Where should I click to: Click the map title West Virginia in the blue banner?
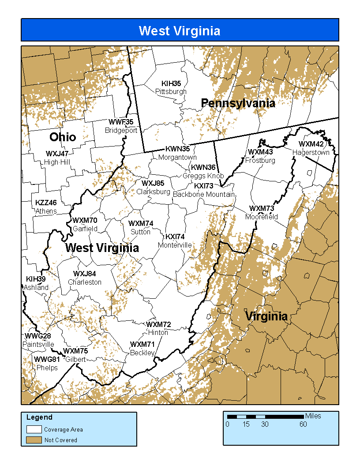pyautogui.click(x=180, y=30)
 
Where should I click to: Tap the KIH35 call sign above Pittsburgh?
pyautogui.click(x=171, y=83)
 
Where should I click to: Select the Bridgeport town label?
pyautogui.click(x=121, y=131)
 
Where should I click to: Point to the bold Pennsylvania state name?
pyautogui.click(x=238, y=103)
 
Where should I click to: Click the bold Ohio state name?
pyautogui.click(x=63, y=137)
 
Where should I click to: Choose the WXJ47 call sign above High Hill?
pyautogui.click(x=57, y=154)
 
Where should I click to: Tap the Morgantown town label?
pyautogui.click(x=177, y=157)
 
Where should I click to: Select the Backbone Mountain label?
pyautogui.click(x=204, y=194)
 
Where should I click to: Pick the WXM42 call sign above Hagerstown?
pyautogui.click(x=311, y=144)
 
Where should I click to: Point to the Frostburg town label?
pyautogui.click(x=260, y=161)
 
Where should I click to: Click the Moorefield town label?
pyautogui.click(x=262, y=217)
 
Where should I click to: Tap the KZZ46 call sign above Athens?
pyautogui.click(x=46, y=203)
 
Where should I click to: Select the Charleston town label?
pyautogui.click(x=85, y=282)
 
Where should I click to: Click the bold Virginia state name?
pyautogui.click(x=266, y=316)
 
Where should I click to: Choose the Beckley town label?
pyautogui.click(x=142, y=353)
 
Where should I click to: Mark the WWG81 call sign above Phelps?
pyautogui.click(x=47, y=359)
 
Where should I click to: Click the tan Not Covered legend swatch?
pyautogui.click(x=34, y=440)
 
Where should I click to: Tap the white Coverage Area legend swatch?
pyautogui.click(x=34, y=429)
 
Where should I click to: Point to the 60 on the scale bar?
pyautogui.click(x=303, y=425)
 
